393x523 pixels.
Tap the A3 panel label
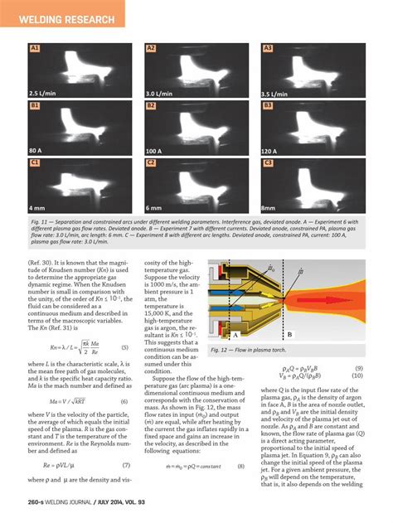(x=268, y=49)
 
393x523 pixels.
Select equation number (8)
(x=240, y=467)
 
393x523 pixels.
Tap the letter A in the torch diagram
(x=237, y=335)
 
